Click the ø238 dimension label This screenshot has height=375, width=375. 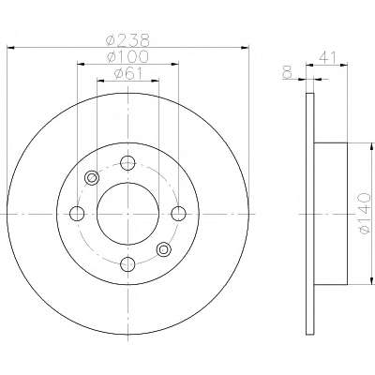127,39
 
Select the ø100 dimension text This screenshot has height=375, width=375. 127,56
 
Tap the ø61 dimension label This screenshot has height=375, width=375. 128,74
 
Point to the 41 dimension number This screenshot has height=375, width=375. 327,58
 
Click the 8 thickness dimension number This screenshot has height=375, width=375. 287,72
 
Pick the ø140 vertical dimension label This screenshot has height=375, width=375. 365,214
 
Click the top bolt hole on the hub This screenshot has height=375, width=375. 127,163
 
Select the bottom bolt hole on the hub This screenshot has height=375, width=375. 127,264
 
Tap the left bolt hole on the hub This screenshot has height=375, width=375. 77,214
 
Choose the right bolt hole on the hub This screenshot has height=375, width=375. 178,214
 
